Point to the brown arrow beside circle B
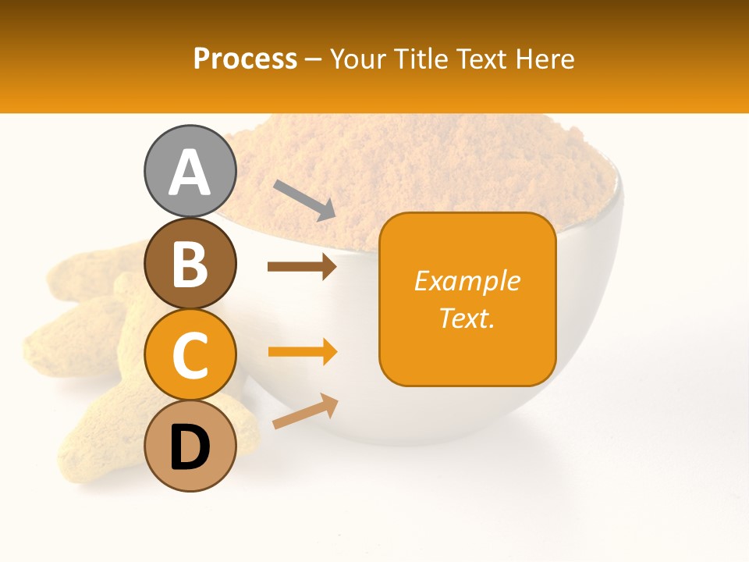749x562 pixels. [302, 267]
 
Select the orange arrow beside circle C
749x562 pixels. [302, 352]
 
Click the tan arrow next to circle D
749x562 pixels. [305, 411]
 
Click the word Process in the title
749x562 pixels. [245, 59]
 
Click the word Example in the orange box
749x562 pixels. [467, 281]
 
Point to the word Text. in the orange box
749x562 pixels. [467, 318]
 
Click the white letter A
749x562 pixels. [190, 173]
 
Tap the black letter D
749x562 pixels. [190, 448]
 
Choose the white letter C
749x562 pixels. [190, 356]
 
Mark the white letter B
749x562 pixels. [190, 264]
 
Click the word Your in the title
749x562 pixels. [358, 59]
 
